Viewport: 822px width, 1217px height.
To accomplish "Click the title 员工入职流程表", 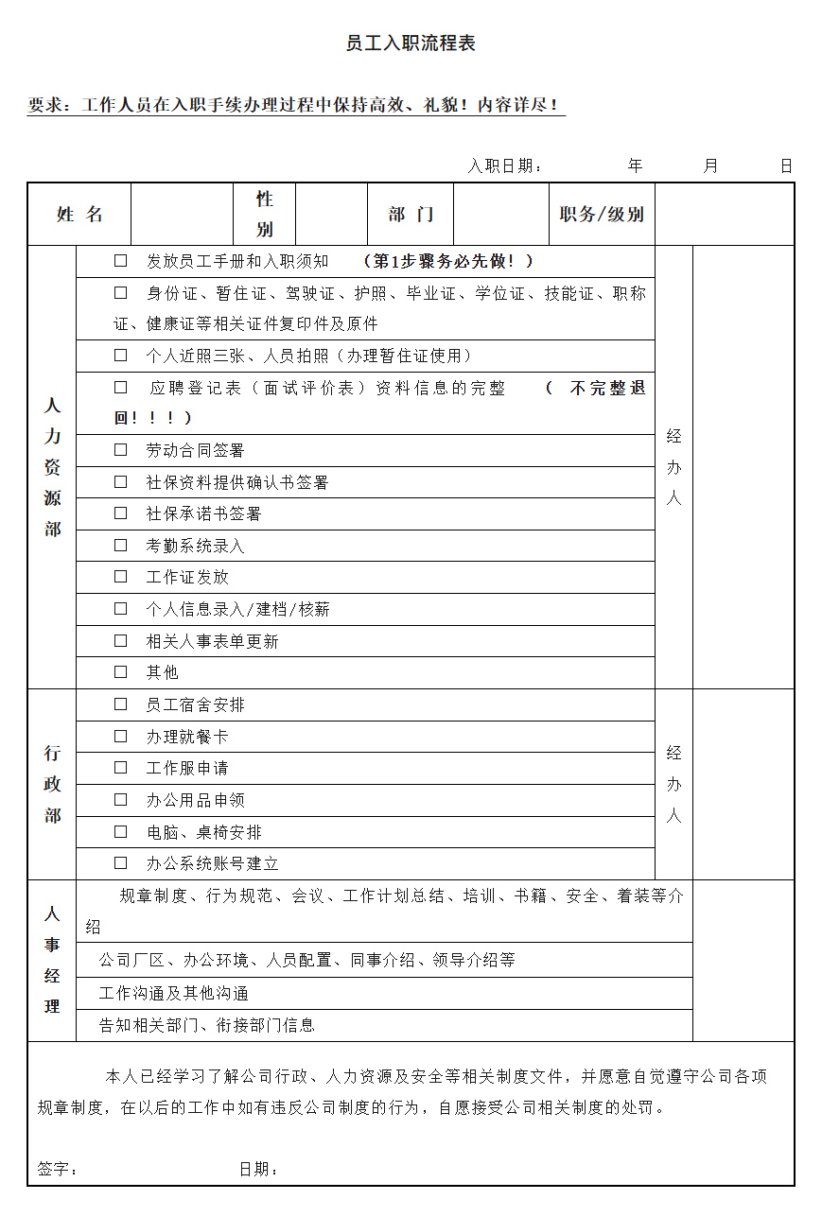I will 411,43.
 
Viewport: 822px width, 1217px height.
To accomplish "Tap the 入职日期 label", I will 505,166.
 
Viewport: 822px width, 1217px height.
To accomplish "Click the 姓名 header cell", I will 79,215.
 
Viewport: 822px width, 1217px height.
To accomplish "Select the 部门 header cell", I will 411,215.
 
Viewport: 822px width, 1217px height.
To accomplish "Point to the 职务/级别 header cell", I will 602,215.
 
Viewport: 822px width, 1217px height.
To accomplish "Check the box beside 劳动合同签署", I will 121,450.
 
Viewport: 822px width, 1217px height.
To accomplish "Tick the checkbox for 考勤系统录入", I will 121,546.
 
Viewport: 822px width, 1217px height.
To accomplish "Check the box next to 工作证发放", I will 121,577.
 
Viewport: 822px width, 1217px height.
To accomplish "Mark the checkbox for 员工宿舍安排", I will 121,704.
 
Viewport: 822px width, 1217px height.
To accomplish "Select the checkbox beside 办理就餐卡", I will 121,737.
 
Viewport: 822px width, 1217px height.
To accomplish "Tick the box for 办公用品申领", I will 121,800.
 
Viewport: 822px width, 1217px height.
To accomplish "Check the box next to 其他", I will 121,672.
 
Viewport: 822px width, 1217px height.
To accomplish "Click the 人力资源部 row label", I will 52,467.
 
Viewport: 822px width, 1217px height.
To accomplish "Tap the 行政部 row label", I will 52,784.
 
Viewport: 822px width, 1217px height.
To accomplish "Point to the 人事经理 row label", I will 52,961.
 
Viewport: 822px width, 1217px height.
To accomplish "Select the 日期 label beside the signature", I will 258,1170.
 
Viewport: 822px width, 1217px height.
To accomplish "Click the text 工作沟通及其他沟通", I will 173,993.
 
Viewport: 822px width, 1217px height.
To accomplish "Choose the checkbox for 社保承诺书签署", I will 121,513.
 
